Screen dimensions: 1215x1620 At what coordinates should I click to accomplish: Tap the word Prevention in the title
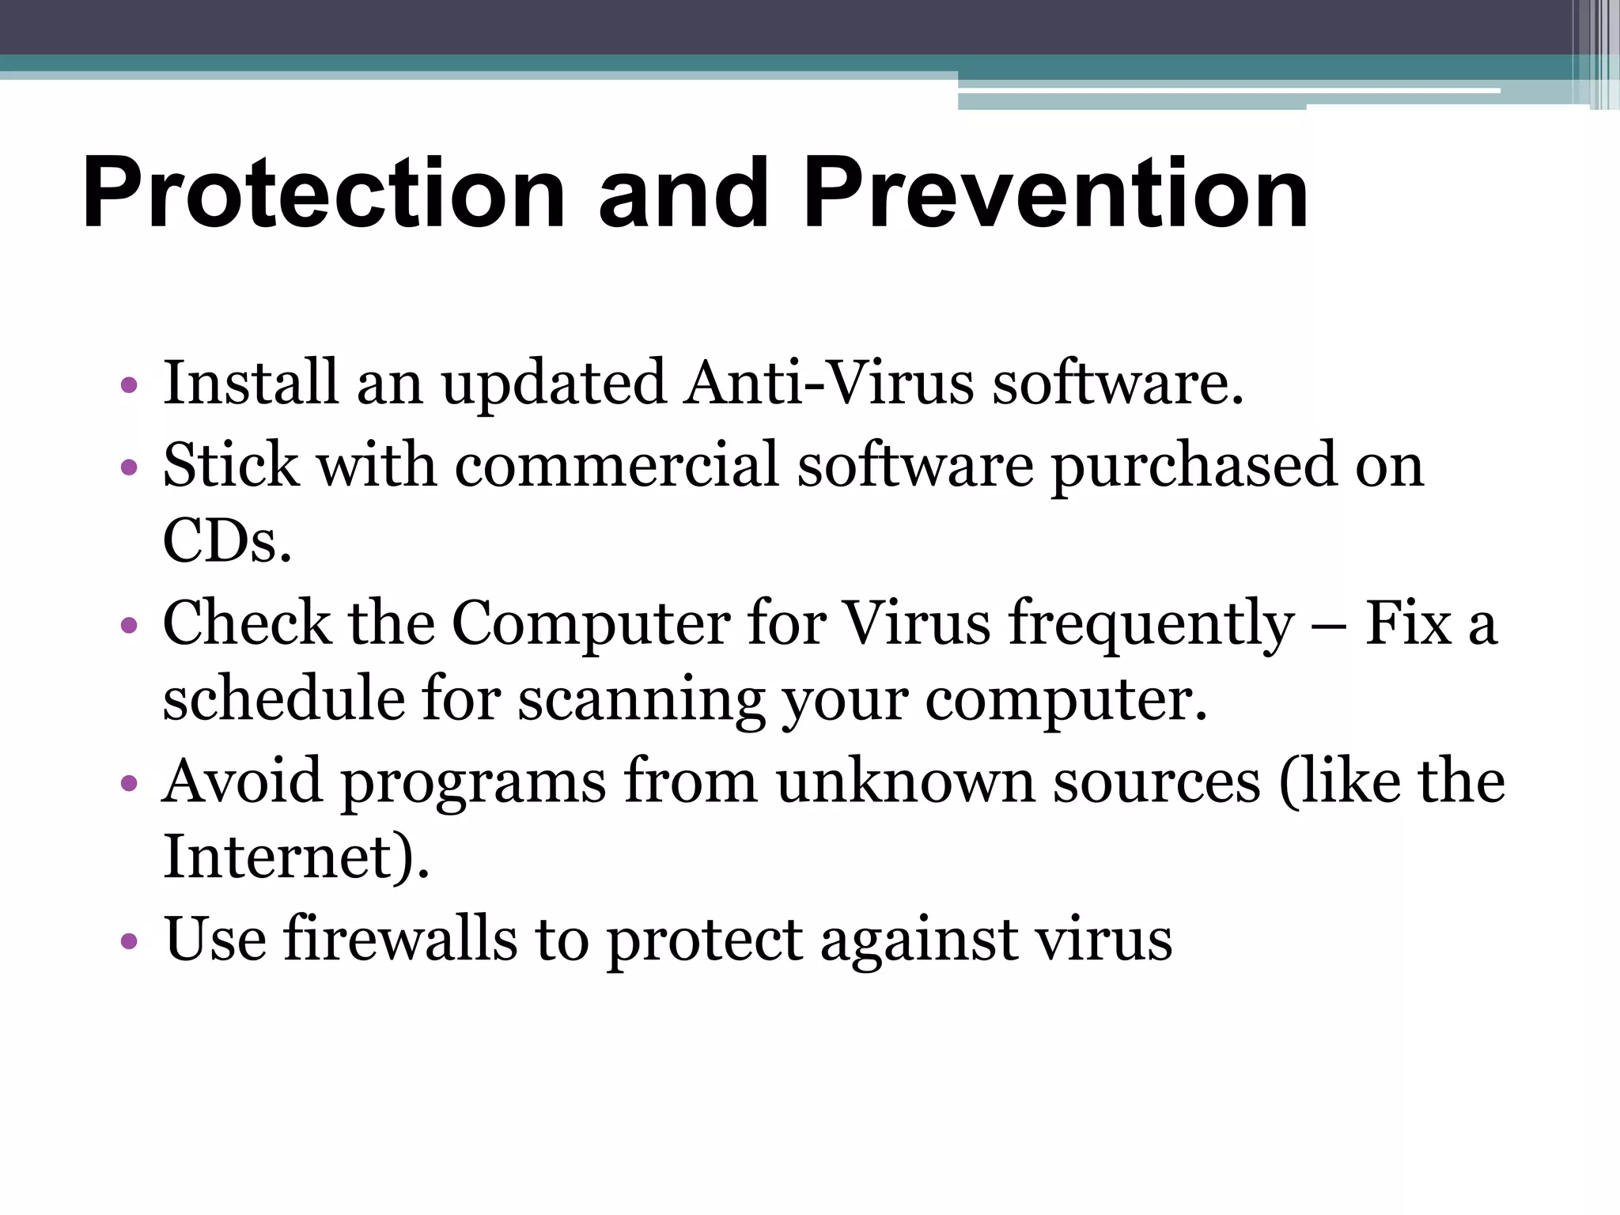(x=1056, y=194)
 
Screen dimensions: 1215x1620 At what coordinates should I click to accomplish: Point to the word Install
(x=250, y=384)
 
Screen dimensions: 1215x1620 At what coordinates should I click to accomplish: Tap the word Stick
(x=231, y=465)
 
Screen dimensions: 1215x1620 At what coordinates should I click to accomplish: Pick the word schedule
(x=282, y=699)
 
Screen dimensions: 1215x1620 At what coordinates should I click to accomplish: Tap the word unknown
(x=905, y=782)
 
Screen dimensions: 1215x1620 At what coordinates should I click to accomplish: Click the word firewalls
(x=400, y=939)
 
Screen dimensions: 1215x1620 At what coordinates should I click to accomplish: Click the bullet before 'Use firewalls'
(x=129, y=942)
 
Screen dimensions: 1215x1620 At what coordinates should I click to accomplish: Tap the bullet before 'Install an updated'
(x=129, y=387)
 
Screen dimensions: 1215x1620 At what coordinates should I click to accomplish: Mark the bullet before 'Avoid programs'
(x=129, y=784)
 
